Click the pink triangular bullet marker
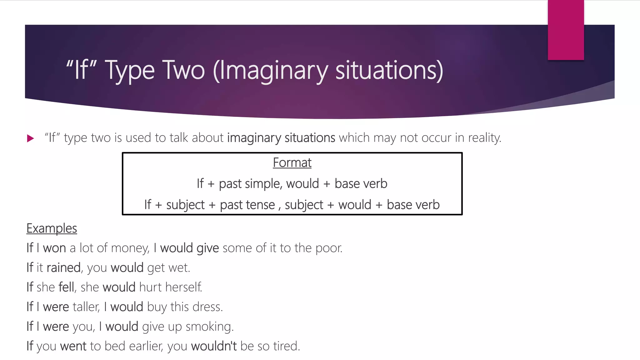[x=30, y=138]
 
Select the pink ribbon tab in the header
[x=566, y=30]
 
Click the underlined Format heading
[x=292, y=162]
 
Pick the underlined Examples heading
[x=52, y=228]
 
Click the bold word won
[x=54, y=248]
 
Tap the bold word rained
[x=63, y=268]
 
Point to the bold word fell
[x=66, y=287]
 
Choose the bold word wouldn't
[x=214, y=346]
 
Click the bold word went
[x=73, y=346]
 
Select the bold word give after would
[x=207, y=248]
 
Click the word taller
[x=86, y=307]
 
